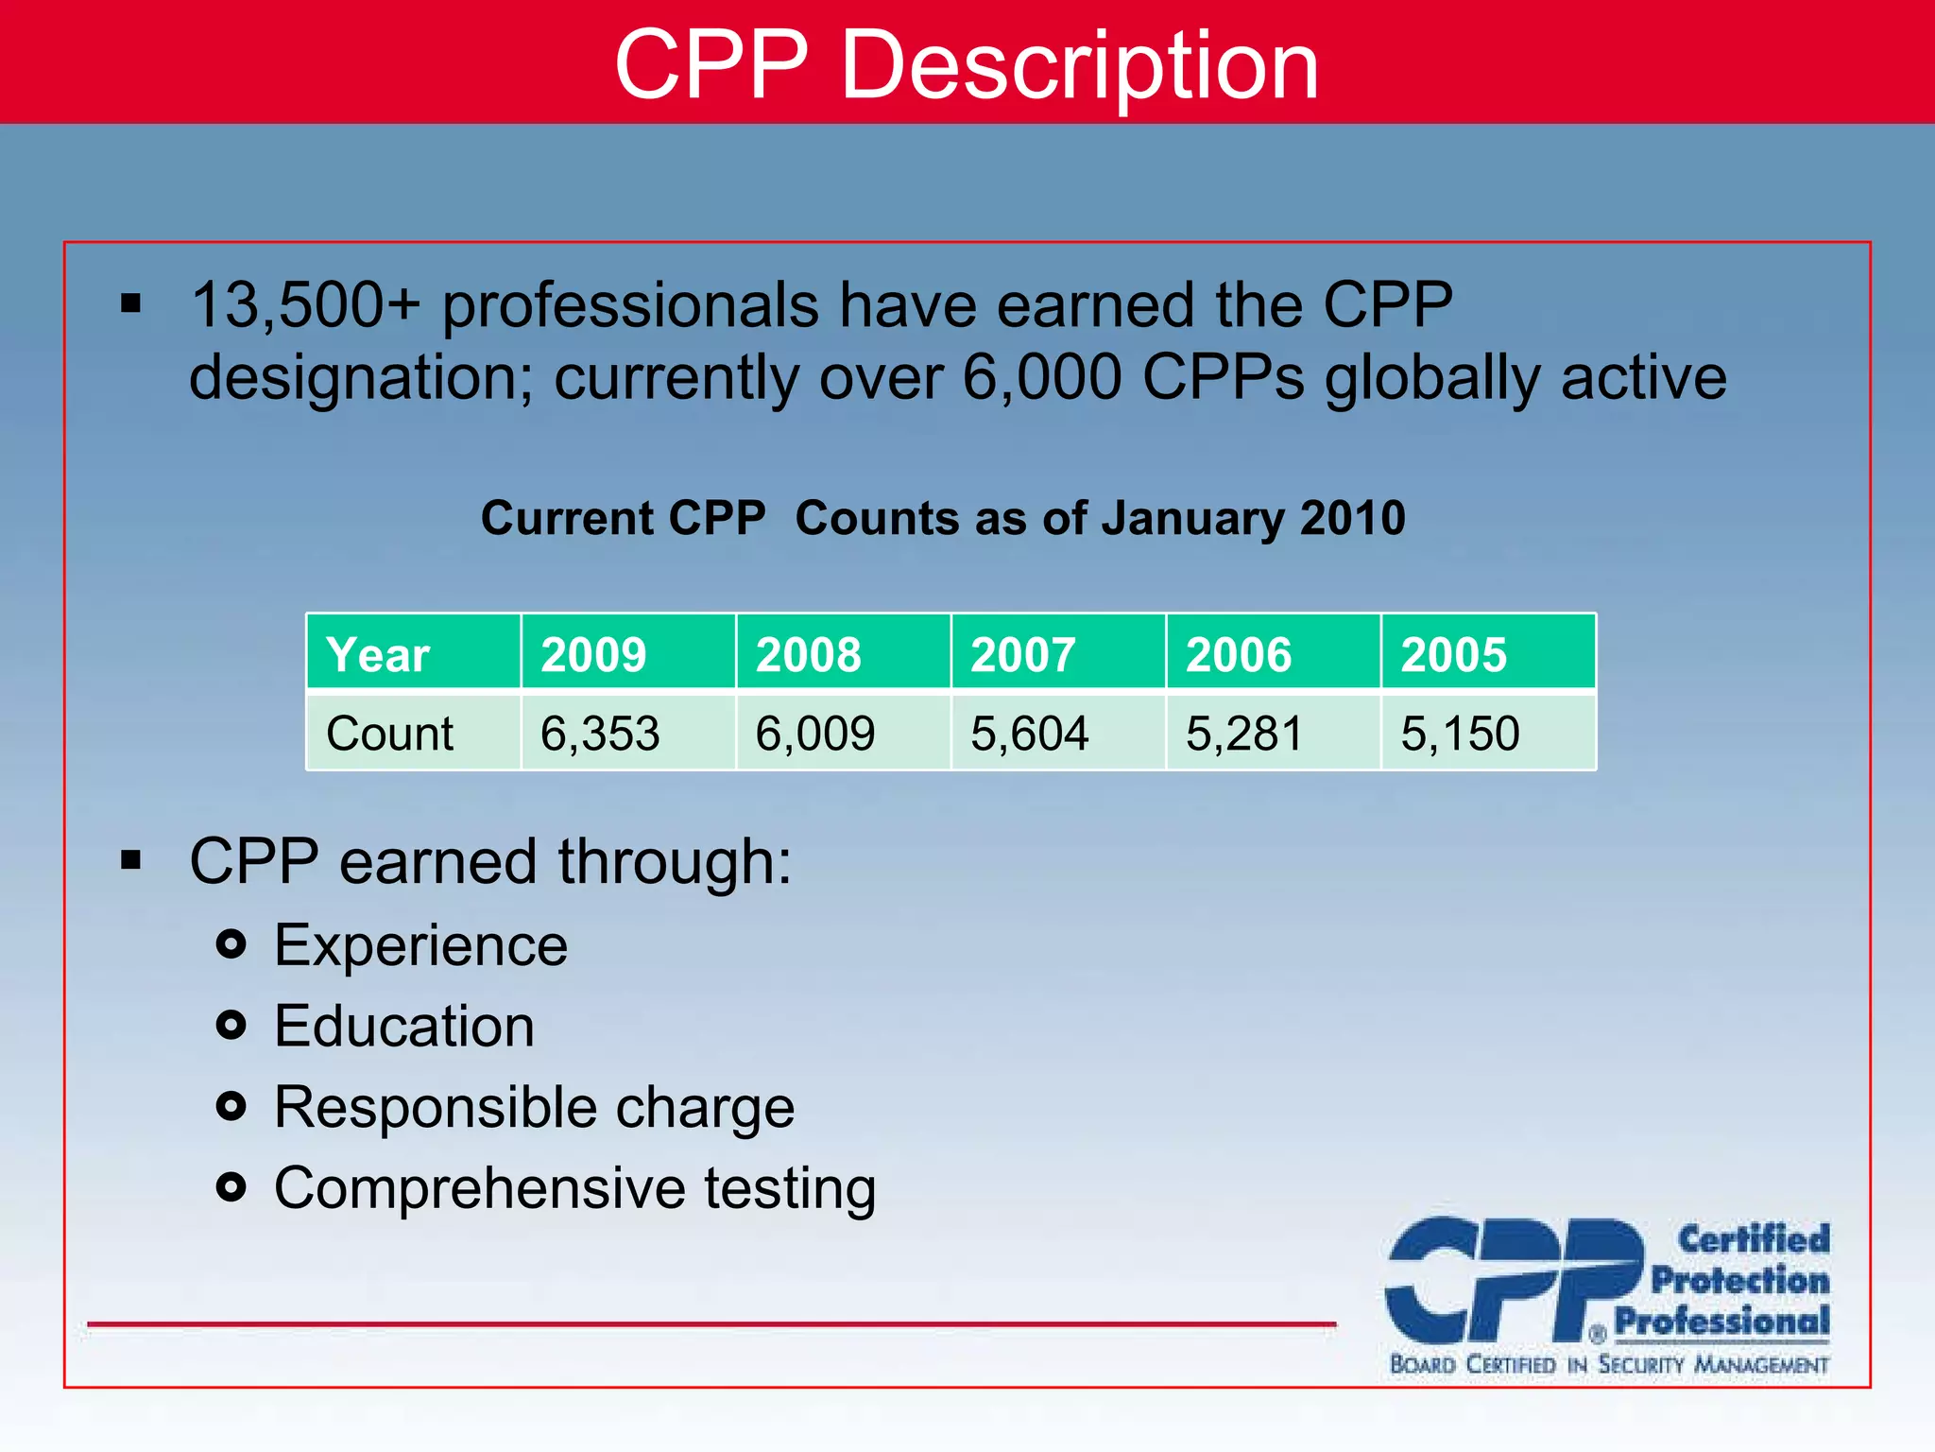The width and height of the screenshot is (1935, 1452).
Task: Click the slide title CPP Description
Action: coord(966,64)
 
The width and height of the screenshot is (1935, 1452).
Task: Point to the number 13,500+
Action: coord(305,305)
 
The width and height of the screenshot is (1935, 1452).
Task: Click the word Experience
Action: coord(420,944)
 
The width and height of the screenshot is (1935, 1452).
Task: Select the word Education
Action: coord(404,1026)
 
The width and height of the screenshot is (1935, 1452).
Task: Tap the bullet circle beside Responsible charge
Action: coord(231,1106)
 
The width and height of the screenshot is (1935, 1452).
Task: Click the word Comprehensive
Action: coord(480,1188)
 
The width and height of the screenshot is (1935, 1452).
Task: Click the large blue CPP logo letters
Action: coord(1512,1281)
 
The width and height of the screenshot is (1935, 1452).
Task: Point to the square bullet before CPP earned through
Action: coord(130,860)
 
